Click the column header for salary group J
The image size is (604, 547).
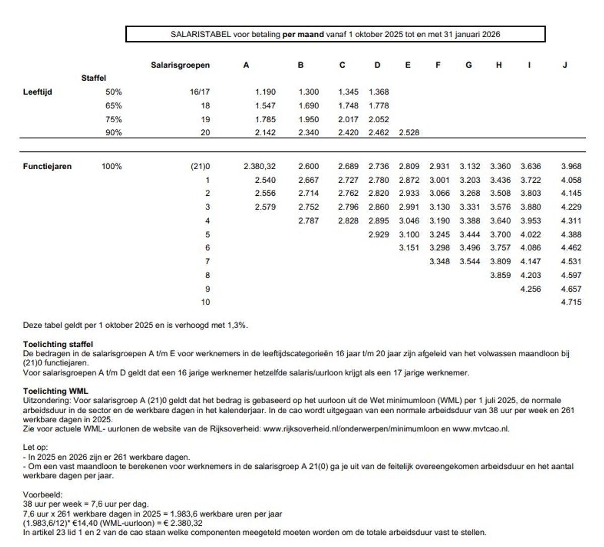tap(565, 65)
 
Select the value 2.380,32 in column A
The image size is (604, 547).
tap(260, 167)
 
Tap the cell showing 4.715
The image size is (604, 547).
tap(571, 302)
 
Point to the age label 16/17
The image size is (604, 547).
tap(200, 92)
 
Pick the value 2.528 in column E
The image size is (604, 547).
tap(409, 133)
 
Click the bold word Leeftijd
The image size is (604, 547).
tap(37, 92)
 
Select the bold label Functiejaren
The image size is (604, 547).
tap(47, 167)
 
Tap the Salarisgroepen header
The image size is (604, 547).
tap(180, 65)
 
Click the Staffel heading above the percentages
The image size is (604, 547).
tap(94, 78)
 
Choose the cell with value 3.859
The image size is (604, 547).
tap(500, 275)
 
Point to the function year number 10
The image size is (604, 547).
tap(205, 302)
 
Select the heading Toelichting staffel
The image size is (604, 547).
tap(58, 344)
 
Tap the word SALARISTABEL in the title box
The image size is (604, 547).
tap(200, 34)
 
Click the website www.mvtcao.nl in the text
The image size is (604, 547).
tap(480, 429)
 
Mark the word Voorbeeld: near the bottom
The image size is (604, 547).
tap(43, 495)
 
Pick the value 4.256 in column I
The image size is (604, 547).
tap(531, 289)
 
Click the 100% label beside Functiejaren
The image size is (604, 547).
tap(112, 167)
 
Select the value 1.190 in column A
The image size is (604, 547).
tap(265, 92)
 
